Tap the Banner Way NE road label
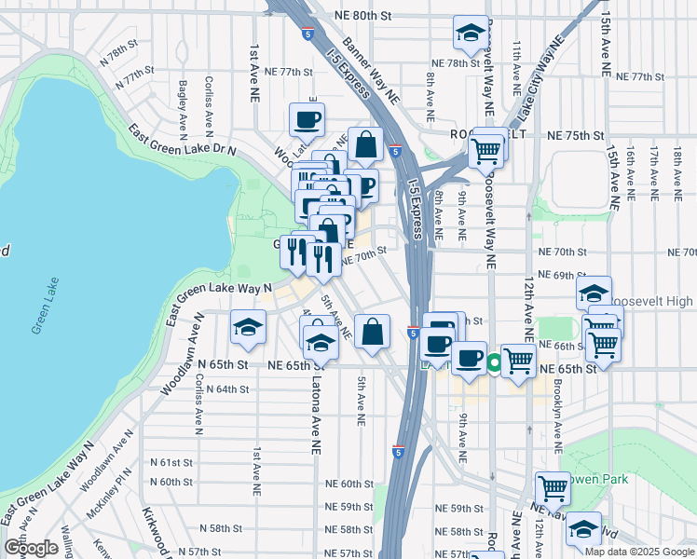click(371, 71)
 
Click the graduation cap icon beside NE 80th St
click(471, 34)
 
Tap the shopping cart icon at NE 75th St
click(485, 150)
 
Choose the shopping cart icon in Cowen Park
click(553, 488)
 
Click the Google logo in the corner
click(31, 548)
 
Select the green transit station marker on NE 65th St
click(494, 362)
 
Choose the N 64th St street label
click(227, 389)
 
